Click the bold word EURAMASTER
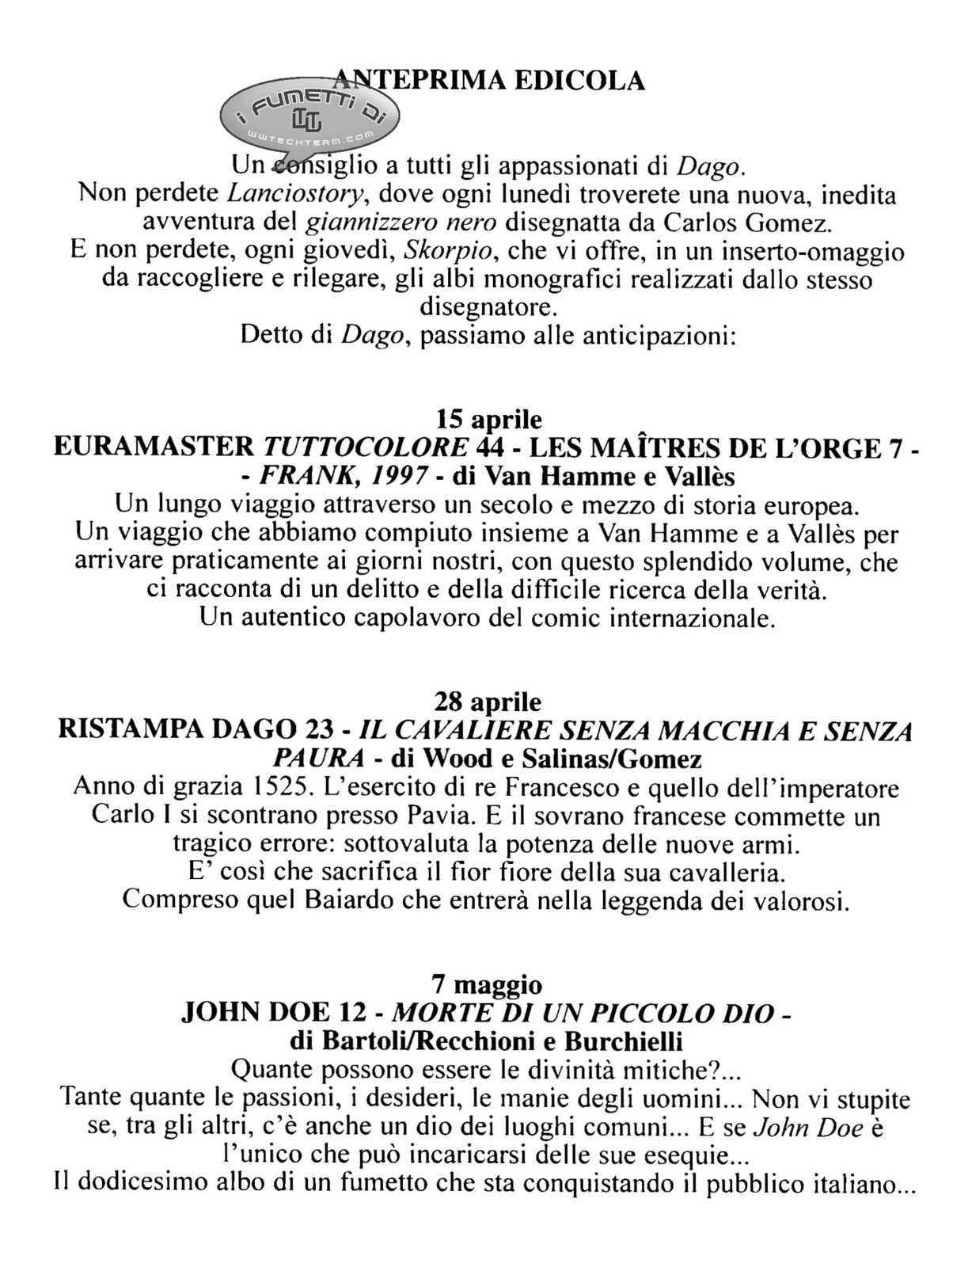(152, 448)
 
